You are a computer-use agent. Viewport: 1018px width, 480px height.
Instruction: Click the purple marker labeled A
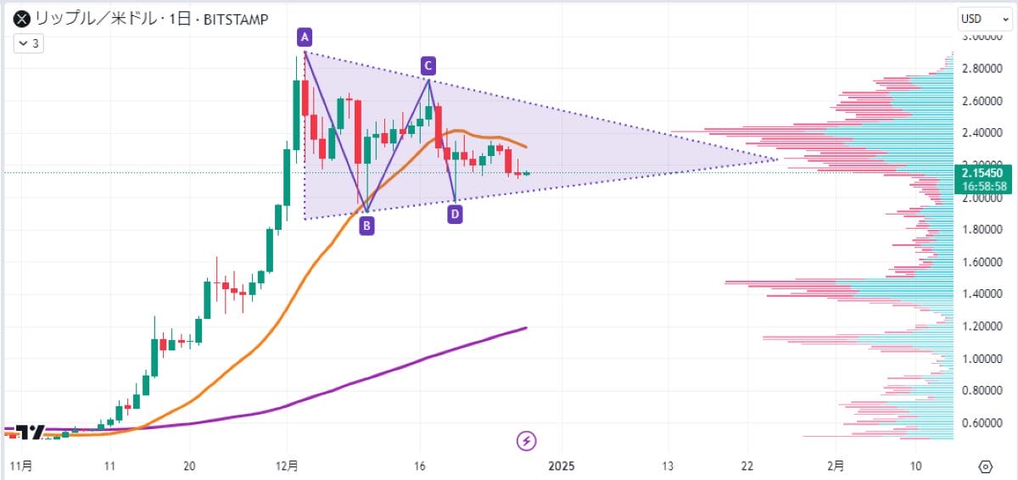305,36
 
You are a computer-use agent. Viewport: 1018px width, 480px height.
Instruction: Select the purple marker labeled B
366,226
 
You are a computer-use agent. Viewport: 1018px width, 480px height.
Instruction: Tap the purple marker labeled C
429,64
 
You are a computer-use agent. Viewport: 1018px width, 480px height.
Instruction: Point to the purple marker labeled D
456,215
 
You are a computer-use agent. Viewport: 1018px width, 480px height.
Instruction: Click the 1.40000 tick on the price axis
982,294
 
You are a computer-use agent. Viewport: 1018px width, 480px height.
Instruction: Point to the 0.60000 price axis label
982,423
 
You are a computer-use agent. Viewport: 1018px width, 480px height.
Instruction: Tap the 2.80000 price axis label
982,69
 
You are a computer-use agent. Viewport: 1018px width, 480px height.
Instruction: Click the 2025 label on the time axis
562,466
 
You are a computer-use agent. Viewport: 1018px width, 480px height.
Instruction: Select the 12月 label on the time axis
288,466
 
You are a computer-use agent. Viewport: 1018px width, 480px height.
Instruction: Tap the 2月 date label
836,466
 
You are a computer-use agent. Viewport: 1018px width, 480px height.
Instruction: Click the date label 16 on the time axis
420,466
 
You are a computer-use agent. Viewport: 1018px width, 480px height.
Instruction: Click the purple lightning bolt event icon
527,440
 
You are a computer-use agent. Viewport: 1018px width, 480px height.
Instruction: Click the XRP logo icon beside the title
16,17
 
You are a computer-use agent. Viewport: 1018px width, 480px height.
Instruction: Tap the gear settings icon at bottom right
985,466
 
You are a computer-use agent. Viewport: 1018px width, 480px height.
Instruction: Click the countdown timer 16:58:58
982,185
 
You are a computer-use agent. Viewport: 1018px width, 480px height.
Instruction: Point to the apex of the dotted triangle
778,159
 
